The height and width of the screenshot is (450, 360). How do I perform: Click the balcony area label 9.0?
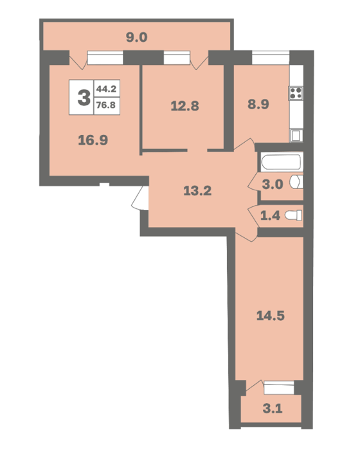tap(137, 37)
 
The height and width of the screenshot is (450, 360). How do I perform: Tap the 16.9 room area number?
tap(93, 140)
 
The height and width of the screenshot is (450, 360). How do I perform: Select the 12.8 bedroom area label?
tap(185, 106)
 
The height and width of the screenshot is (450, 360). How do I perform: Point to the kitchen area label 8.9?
tap(258, 104)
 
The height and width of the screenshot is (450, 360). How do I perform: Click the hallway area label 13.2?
tap(197, 190)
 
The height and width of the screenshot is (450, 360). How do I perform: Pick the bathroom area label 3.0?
tap(273, 184)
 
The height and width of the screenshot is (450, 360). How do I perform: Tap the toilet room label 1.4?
tap(270, 215)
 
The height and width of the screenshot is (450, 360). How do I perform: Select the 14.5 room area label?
tap(271, 316)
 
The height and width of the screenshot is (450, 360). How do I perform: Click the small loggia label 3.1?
tap(273, 408)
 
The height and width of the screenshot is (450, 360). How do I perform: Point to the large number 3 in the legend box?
tap(84, 98)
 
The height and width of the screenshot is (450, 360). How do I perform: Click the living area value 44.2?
tap(106, 89)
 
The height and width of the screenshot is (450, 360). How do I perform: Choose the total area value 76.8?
tap(106, 105)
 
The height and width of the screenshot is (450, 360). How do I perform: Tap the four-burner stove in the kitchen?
tap(296, 93)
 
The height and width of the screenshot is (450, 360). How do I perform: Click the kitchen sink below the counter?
tap(296, 135)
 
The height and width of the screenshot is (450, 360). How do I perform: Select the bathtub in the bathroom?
tap(282, 162)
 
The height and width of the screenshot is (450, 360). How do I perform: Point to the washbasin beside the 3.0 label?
tap(296, 182)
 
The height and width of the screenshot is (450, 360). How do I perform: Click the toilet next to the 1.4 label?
tap(293, 215)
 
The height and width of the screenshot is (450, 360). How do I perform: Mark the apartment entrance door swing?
tap(140, 199)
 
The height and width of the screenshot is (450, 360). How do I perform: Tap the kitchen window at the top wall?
tap(271, 58)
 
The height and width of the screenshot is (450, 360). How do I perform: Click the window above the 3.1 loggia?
tap(279, 388)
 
